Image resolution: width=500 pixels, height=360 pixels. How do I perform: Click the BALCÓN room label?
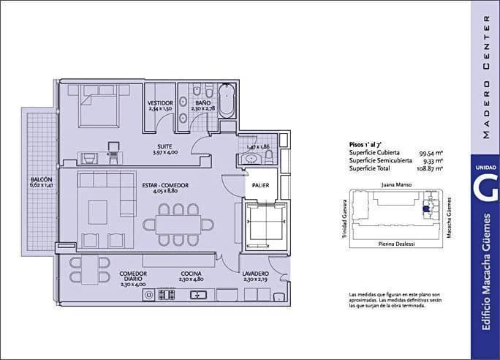click(41, 179)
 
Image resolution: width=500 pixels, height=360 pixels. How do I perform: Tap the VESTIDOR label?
click(160, 102)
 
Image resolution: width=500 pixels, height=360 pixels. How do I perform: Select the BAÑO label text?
click(203, 102)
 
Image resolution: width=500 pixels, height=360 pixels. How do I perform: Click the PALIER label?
click(260, 185)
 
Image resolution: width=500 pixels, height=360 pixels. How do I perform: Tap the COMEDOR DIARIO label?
click(133, 275)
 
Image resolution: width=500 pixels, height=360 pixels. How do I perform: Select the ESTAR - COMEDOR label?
click(165, 185)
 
